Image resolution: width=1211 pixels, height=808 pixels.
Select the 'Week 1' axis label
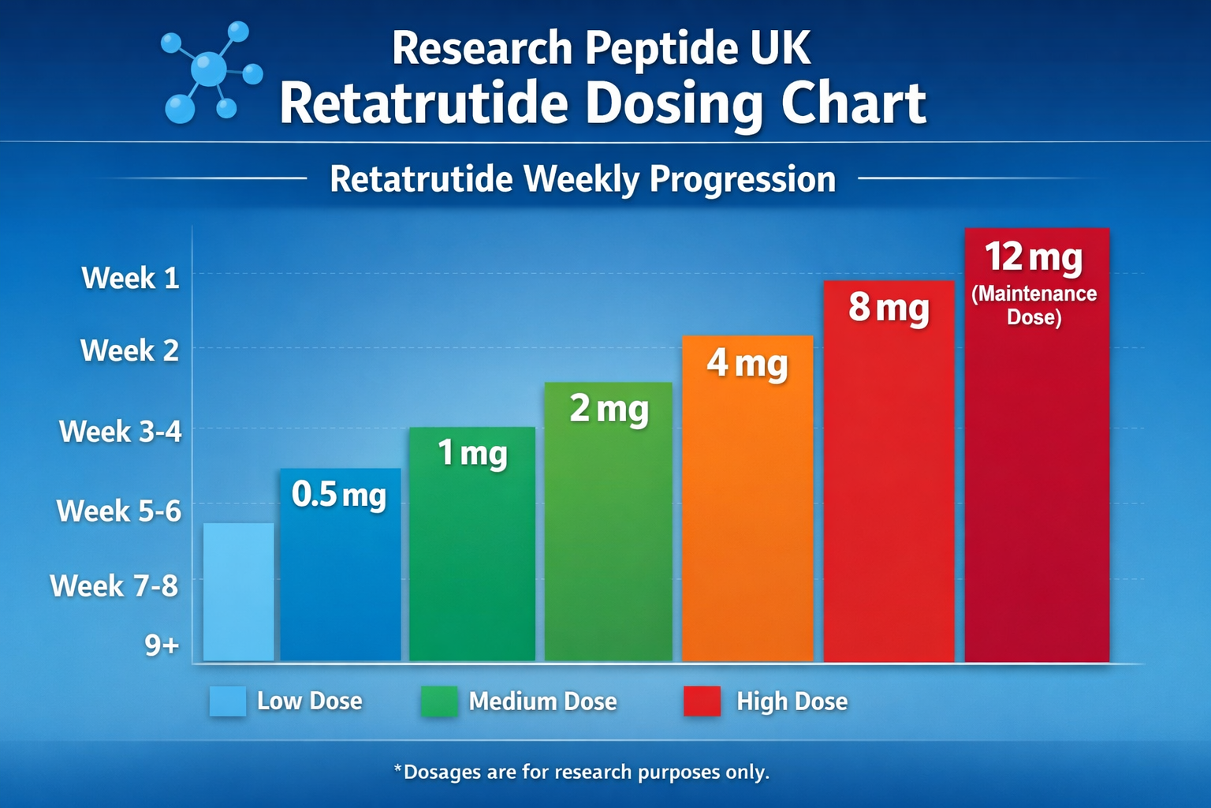coord(131,278)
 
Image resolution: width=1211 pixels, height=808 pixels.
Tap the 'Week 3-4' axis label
coord(121,432)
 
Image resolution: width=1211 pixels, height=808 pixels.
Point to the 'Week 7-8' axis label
coord(114,586)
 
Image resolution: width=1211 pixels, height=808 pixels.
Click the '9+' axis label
coord(162,645)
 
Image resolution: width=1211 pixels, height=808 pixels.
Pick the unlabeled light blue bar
coord(238,592)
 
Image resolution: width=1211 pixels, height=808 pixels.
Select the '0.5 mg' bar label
coord(339,495)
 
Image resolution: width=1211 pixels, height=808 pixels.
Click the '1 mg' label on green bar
coord(472,454)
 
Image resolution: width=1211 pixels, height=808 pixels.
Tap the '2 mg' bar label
coord(609,409)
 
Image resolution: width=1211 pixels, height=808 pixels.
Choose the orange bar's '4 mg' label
coord(747,363)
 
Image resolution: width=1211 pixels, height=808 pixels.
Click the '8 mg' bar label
coord(889,307)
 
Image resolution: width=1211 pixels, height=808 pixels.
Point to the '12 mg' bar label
coord(1034,257)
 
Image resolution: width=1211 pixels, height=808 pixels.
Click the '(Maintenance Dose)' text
coord(1034,305)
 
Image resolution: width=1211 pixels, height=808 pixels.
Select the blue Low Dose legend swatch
coord(227,701)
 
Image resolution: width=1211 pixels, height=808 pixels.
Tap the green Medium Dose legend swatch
coord(438,701)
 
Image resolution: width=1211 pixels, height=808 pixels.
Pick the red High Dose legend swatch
coord(702,701)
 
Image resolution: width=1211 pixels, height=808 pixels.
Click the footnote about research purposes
coord(581,772)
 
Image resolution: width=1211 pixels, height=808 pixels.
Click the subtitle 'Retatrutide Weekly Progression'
coord(582,179)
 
